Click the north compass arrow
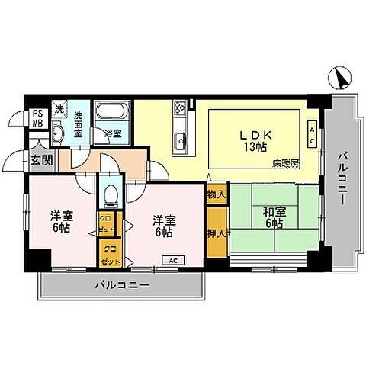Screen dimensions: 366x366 coord(342,77)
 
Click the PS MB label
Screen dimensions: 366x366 coord(37,120)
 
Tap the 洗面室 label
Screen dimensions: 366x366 coord(80,124)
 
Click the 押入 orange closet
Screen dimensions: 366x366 coord(217,233)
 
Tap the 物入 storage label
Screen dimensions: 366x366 coord(217,194)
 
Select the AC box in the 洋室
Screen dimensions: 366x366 coord(173,260)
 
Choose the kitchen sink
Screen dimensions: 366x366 coord(181,140)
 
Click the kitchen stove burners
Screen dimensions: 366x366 coord(180,108)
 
